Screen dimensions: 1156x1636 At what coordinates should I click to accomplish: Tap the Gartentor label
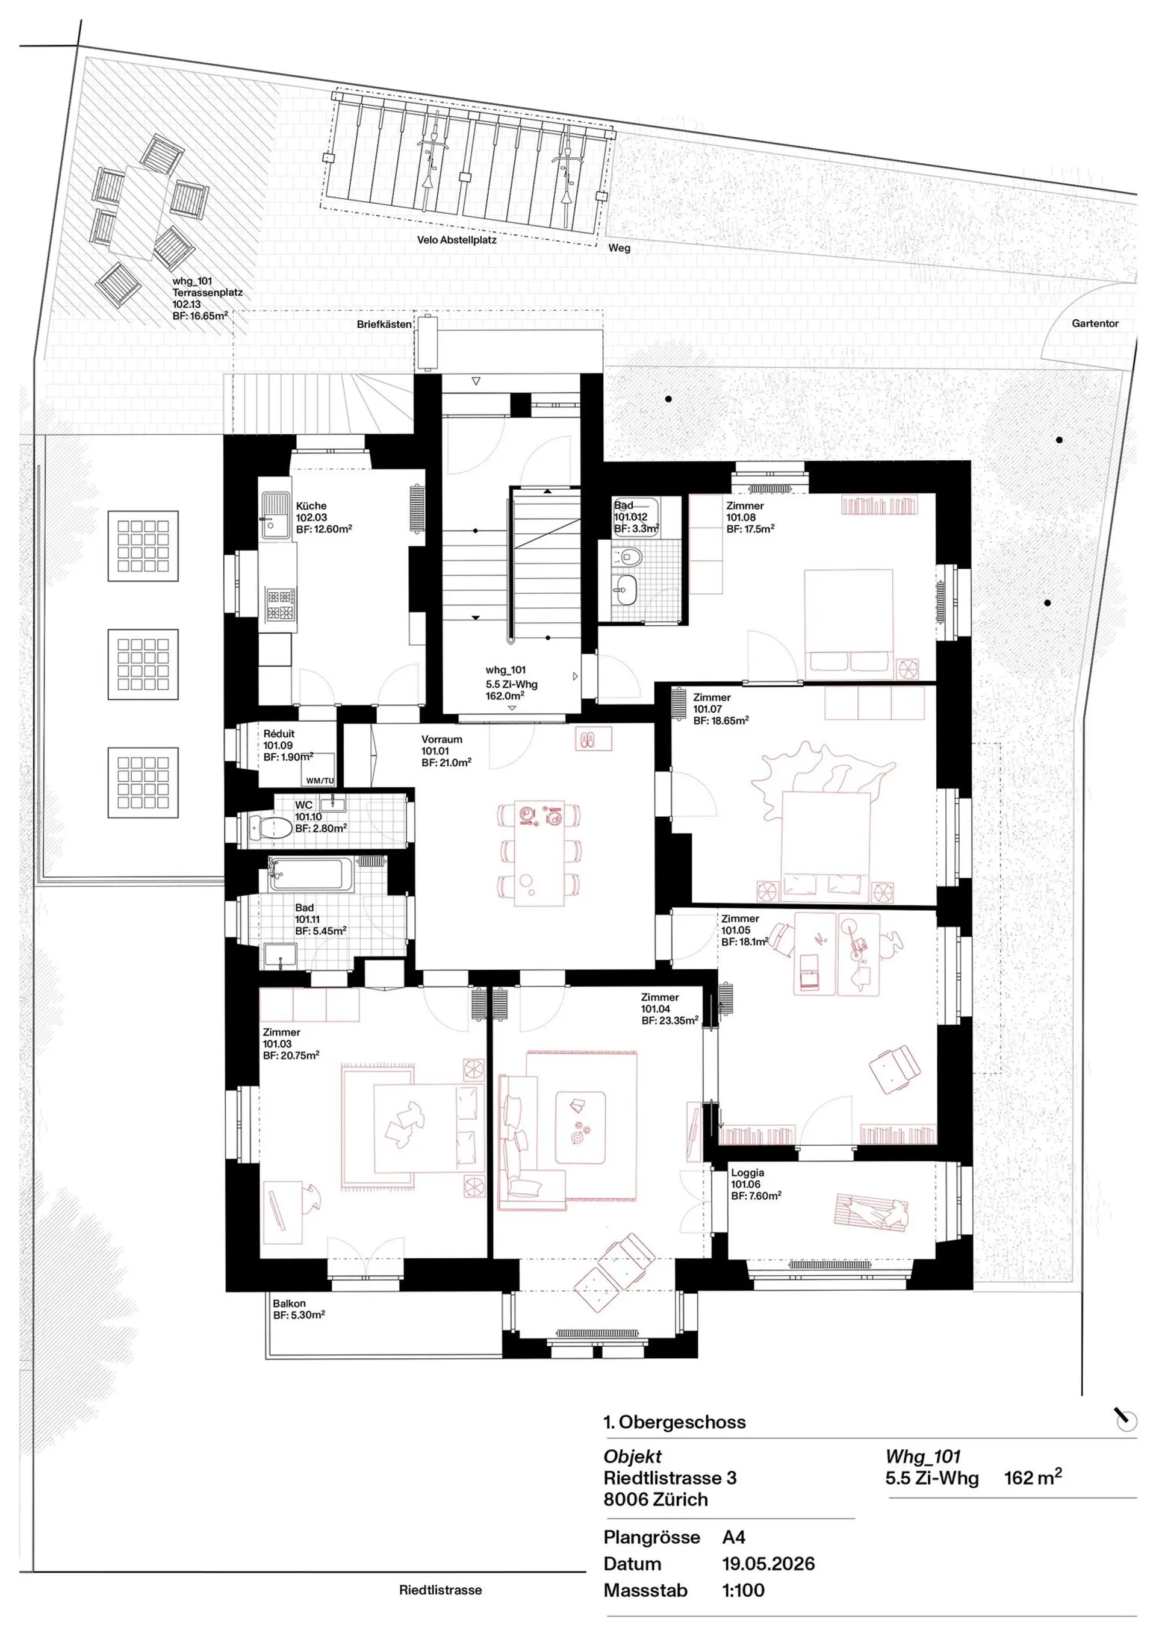[1095, 323]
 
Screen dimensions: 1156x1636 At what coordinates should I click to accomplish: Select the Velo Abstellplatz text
[456, 240]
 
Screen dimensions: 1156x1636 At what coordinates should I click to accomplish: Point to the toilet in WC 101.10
[271, 827]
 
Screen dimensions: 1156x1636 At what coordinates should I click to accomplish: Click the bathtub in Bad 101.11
[310, 874]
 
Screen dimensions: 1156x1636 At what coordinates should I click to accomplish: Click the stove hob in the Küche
[281, 605]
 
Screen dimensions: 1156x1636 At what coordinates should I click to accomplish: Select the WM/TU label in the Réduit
[320, 781]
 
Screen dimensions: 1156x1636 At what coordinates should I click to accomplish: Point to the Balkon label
[288, 1303]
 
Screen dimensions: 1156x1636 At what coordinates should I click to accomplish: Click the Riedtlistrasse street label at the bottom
[440, 1590]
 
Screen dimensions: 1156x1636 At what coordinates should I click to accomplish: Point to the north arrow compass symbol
[1125, 1419]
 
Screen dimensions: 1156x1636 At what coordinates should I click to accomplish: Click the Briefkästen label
[384, 324]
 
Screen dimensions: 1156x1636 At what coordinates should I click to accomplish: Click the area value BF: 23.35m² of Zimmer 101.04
[670, 1020]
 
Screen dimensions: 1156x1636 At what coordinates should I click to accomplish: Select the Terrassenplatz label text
[207, 292]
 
